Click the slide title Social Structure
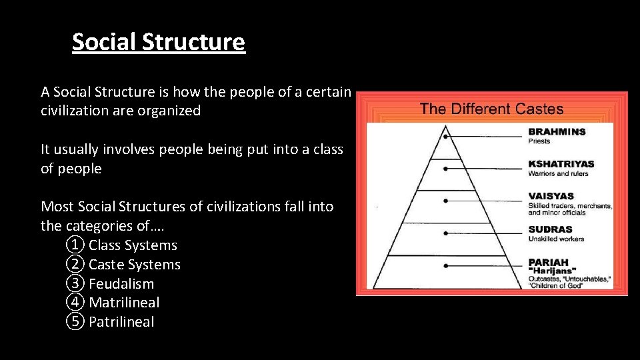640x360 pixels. tap(159, 42)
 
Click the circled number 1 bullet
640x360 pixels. tap(76, 245)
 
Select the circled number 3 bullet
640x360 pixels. tap(76, 283)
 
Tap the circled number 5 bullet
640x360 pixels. tap(76, 321)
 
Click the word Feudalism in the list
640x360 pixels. tap(121, 283)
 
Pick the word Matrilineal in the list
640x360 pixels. tap(124, 303)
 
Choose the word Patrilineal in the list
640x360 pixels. tap(121, 321)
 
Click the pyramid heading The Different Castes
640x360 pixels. tap(491, 109)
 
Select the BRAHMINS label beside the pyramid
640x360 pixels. tap(557, 132)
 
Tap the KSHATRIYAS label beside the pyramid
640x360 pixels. tap(561, 164)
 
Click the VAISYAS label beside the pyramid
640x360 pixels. tap(551, 196)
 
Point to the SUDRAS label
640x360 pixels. tap(550, 229)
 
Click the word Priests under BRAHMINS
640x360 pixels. tap(540, 141)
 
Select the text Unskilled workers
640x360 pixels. tap(556, 239)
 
